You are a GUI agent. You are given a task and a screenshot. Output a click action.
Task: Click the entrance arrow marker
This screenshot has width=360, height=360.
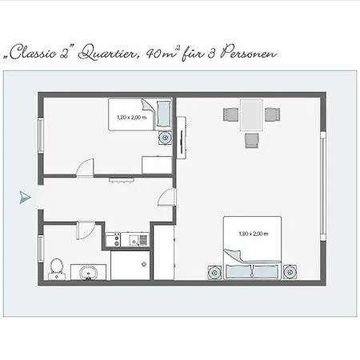click(x=25, y=198)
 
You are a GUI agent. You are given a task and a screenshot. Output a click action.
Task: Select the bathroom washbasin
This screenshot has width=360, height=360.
click(x=88, y=272)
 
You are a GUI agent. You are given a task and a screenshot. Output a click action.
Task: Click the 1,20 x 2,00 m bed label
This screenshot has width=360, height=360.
click(x=132, y=118)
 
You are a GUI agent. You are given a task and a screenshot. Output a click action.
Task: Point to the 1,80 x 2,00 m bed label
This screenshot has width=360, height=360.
click(x=254, y=234)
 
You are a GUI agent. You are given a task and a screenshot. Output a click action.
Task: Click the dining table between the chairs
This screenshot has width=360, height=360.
click(x=251, y=115)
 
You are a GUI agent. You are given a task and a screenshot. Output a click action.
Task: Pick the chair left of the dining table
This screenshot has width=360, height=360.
click(x=231, y=114)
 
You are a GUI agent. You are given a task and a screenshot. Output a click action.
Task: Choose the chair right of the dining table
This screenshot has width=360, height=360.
click(x=272, y=114)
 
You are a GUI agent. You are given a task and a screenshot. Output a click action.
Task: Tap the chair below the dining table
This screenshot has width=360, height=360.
click(x=252, y=140)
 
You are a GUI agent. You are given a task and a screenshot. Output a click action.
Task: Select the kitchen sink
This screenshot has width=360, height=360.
click(x=138, y=240)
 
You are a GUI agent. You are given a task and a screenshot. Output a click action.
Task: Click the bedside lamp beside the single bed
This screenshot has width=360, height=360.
click(x=166, y=138)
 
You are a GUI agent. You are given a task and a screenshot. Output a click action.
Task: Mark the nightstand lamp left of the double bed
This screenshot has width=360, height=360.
click(x=214, y=273)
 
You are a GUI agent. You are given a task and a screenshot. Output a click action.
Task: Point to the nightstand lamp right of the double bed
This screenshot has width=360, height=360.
click(x=290, y=272)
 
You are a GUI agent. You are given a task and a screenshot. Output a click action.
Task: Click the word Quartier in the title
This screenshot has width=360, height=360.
click(x=109, y=54)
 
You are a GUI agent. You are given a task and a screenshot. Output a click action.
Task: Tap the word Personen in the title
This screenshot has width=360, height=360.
click(x=249, y=53)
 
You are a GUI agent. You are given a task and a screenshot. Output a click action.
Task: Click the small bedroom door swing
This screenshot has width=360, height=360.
click(x=85, y=167)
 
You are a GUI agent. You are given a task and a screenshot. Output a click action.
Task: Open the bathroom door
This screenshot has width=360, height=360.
click(x=86, y=230)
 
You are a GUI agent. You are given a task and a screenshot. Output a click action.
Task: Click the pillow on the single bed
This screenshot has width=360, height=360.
click(x=164, y=114)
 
